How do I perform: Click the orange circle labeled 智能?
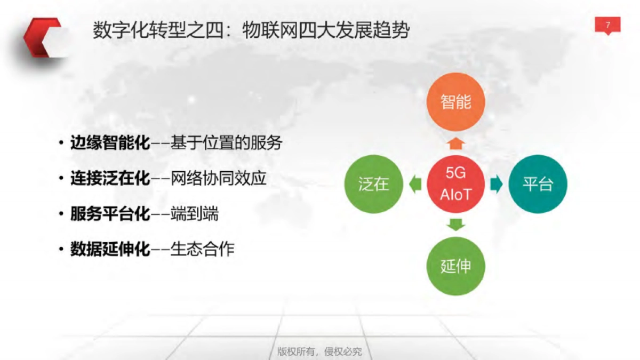click(x=456, y=102)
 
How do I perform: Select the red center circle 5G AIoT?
click(x=456, y=184)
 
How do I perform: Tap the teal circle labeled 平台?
click(x=538, y=184)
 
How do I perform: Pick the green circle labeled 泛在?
click(x=374, y=184)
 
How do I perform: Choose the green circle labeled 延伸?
click(x=456, y=266)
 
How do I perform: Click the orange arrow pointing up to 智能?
click(x=456, y=142)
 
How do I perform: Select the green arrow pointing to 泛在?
click(x=415, y=184)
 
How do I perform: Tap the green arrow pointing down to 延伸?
click(x=456, y=225)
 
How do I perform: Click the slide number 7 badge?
click(x=607, y=25)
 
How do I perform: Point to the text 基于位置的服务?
click(x=226, y=143)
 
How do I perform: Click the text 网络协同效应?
click(x=218, y=179)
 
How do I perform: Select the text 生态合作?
click(x=202, y=249)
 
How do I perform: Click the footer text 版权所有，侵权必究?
click(x=320, y=351)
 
